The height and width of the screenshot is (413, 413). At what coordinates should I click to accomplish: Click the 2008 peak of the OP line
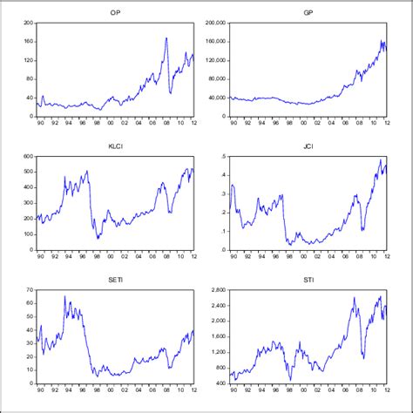[166, 38]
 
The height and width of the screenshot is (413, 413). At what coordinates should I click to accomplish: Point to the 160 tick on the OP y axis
[27, 41]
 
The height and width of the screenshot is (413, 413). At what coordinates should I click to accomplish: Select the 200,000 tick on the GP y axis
[213, 22]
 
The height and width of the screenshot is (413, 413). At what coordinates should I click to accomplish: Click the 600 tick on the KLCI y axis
[25, 157]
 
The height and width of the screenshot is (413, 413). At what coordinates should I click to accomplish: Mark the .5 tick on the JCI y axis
[221, 157]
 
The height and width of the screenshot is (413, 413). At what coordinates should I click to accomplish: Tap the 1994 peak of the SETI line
[64, 297]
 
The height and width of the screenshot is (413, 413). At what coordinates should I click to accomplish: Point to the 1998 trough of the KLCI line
[98, 238]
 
